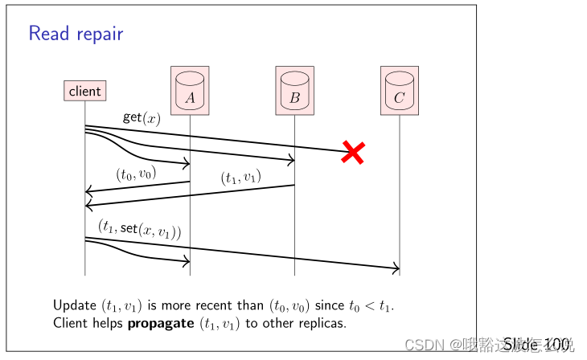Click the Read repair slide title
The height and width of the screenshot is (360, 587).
(x=76, y=34)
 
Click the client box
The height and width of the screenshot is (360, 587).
(x=85, y=91)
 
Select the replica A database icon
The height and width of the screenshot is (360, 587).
(x=190, y=90)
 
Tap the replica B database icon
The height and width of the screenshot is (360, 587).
(x=294, y=90)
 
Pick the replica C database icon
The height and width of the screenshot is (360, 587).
(x=400, y=90)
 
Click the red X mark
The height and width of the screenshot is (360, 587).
(x=353, y=151)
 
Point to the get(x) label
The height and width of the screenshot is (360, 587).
(x=142, y=117)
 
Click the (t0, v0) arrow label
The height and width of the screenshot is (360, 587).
(x=136, y=174)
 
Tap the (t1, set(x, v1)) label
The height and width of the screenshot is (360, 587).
(x=139, y=229)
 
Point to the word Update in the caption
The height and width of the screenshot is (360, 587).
(x=74, y=305)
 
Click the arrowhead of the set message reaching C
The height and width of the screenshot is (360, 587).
(x=396, y=269)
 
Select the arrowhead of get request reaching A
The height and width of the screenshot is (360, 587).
(x=186, y=164)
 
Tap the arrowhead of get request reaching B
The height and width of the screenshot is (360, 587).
(x=291, y=160)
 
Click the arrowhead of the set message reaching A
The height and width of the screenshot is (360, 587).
(x=186, y=260)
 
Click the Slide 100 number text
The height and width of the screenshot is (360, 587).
(x=539, y=345)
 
